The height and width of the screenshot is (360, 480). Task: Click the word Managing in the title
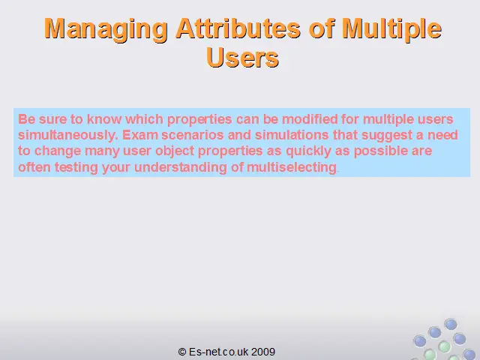[106, 29]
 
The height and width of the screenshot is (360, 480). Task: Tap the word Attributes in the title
[238, 28]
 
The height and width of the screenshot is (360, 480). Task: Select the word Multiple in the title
[391, 29]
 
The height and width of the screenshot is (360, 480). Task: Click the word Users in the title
[242, 58]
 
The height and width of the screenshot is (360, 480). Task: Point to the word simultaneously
[68, 135]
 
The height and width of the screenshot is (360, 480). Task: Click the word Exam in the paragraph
[140, 135]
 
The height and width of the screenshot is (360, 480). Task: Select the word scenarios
[193, 135]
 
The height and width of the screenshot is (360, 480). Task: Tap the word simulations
[292, 135]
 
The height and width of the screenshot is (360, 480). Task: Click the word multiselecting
[292, 168]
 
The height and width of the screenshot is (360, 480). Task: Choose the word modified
[310, 119]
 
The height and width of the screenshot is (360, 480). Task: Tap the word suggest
[387, 136]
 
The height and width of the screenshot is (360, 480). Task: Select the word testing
[76, 168]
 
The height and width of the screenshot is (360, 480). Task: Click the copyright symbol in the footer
[182, 352]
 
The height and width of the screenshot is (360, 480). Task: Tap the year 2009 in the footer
[263, 352]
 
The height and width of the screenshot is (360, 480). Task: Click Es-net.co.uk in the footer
[218, 352]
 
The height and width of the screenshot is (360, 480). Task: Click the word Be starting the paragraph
[27, 119]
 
